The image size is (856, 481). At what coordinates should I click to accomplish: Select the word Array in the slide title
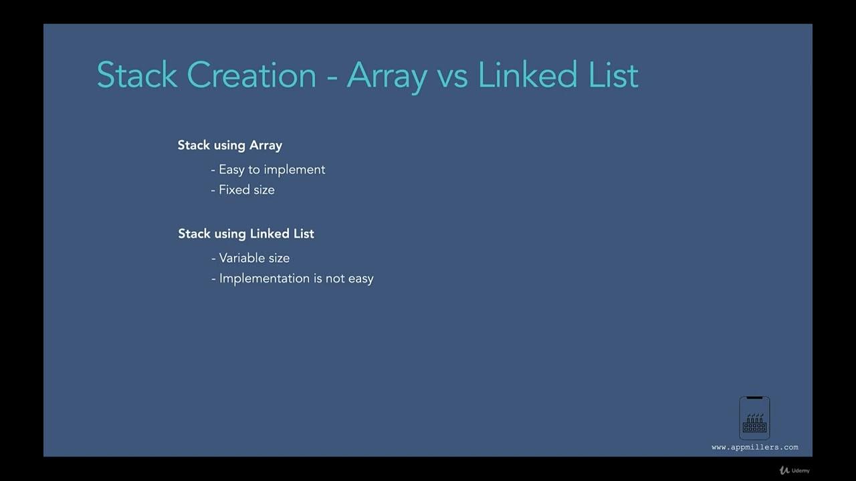387,75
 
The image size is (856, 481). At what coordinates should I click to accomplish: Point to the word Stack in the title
136,74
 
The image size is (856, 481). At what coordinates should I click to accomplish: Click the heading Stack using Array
229,146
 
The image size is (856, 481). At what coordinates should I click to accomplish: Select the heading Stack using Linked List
245,234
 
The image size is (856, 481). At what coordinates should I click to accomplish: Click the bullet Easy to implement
272,170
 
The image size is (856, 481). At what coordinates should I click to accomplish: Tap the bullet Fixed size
246,190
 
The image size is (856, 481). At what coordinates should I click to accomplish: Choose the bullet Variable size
254,258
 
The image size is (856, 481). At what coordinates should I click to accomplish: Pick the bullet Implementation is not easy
296,279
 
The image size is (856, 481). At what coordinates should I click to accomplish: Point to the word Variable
240,258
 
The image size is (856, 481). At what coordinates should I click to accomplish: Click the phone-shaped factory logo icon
754,418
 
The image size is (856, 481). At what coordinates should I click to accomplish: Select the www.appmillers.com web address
754,448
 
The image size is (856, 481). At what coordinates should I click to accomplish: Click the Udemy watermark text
800,470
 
